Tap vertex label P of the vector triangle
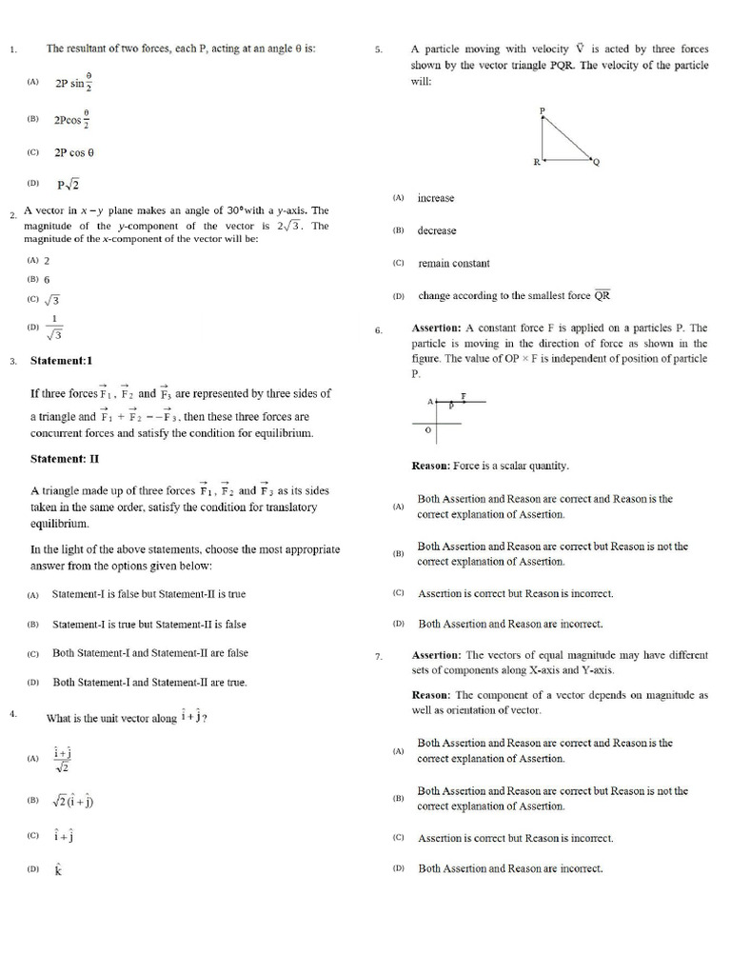click(542, 111)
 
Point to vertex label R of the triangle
click(536, 162)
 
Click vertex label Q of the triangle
click(597, 162)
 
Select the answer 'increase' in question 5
click(436, 198)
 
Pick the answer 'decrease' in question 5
click(437, 230)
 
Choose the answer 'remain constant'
click(453, 264)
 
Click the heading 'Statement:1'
click(62, 361)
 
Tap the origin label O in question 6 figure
click(427, 430)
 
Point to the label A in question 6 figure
click(429, 401)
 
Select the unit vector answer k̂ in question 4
click(58, 868)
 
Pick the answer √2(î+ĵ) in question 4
click(73, 801)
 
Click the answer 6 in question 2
click(47, 280)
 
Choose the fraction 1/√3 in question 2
click(55, 328)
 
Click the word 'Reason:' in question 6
click(435, 466)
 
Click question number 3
click(12, 362)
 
